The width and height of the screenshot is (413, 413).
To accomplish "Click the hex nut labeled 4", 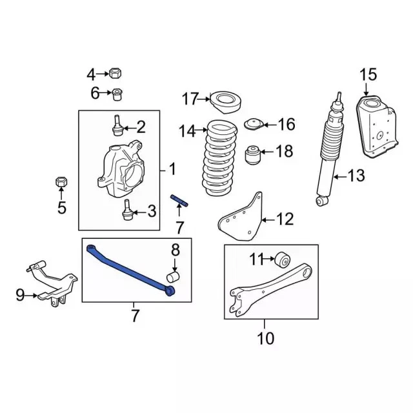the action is [x=115, y=73].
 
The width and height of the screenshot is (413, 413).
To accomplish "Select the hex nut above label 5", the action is [x=61, y=181].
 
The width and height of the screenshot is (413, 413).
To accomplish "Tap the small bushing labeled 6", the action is [x=117, y=94].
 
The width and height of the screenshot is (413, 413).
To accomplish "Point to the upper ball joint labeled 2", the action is [x=117, y=126].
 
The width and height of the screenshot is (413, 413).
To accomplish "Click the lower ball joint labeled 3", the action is [x=128, y=210].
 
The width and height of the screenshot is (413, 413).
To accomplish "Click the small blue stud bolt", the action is [x=179, y=201].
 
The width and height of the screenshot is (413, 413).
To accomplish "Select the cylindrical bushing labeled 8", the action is [x=173, y=276].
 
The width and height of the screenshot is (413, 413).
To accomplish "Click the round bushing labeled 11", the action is [x=282, y=259].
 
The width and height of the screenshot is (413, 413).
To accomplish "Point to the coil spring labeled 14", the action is [x=219, y=158].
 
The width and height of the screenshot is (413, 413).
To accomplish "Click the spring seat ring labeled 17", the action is [x=226, y=103].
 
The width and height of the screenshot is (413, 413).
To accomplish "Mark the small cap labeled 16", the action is [x=254, y=124].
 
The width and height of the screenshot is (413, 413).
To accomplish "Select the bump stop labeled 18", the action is [x=252, y=155].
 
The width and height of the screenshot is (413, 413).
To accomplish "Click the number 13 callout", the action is [x=356, y=176].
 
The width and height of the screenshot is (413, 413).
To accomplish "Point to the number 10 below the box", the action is [x=265, y=338].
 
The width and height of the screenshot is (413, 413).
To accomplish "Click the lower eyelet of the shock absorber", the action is [x=322, y=201].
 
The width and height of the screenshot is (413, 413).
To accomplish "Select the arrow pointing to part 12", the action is [x=267, y=219].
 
